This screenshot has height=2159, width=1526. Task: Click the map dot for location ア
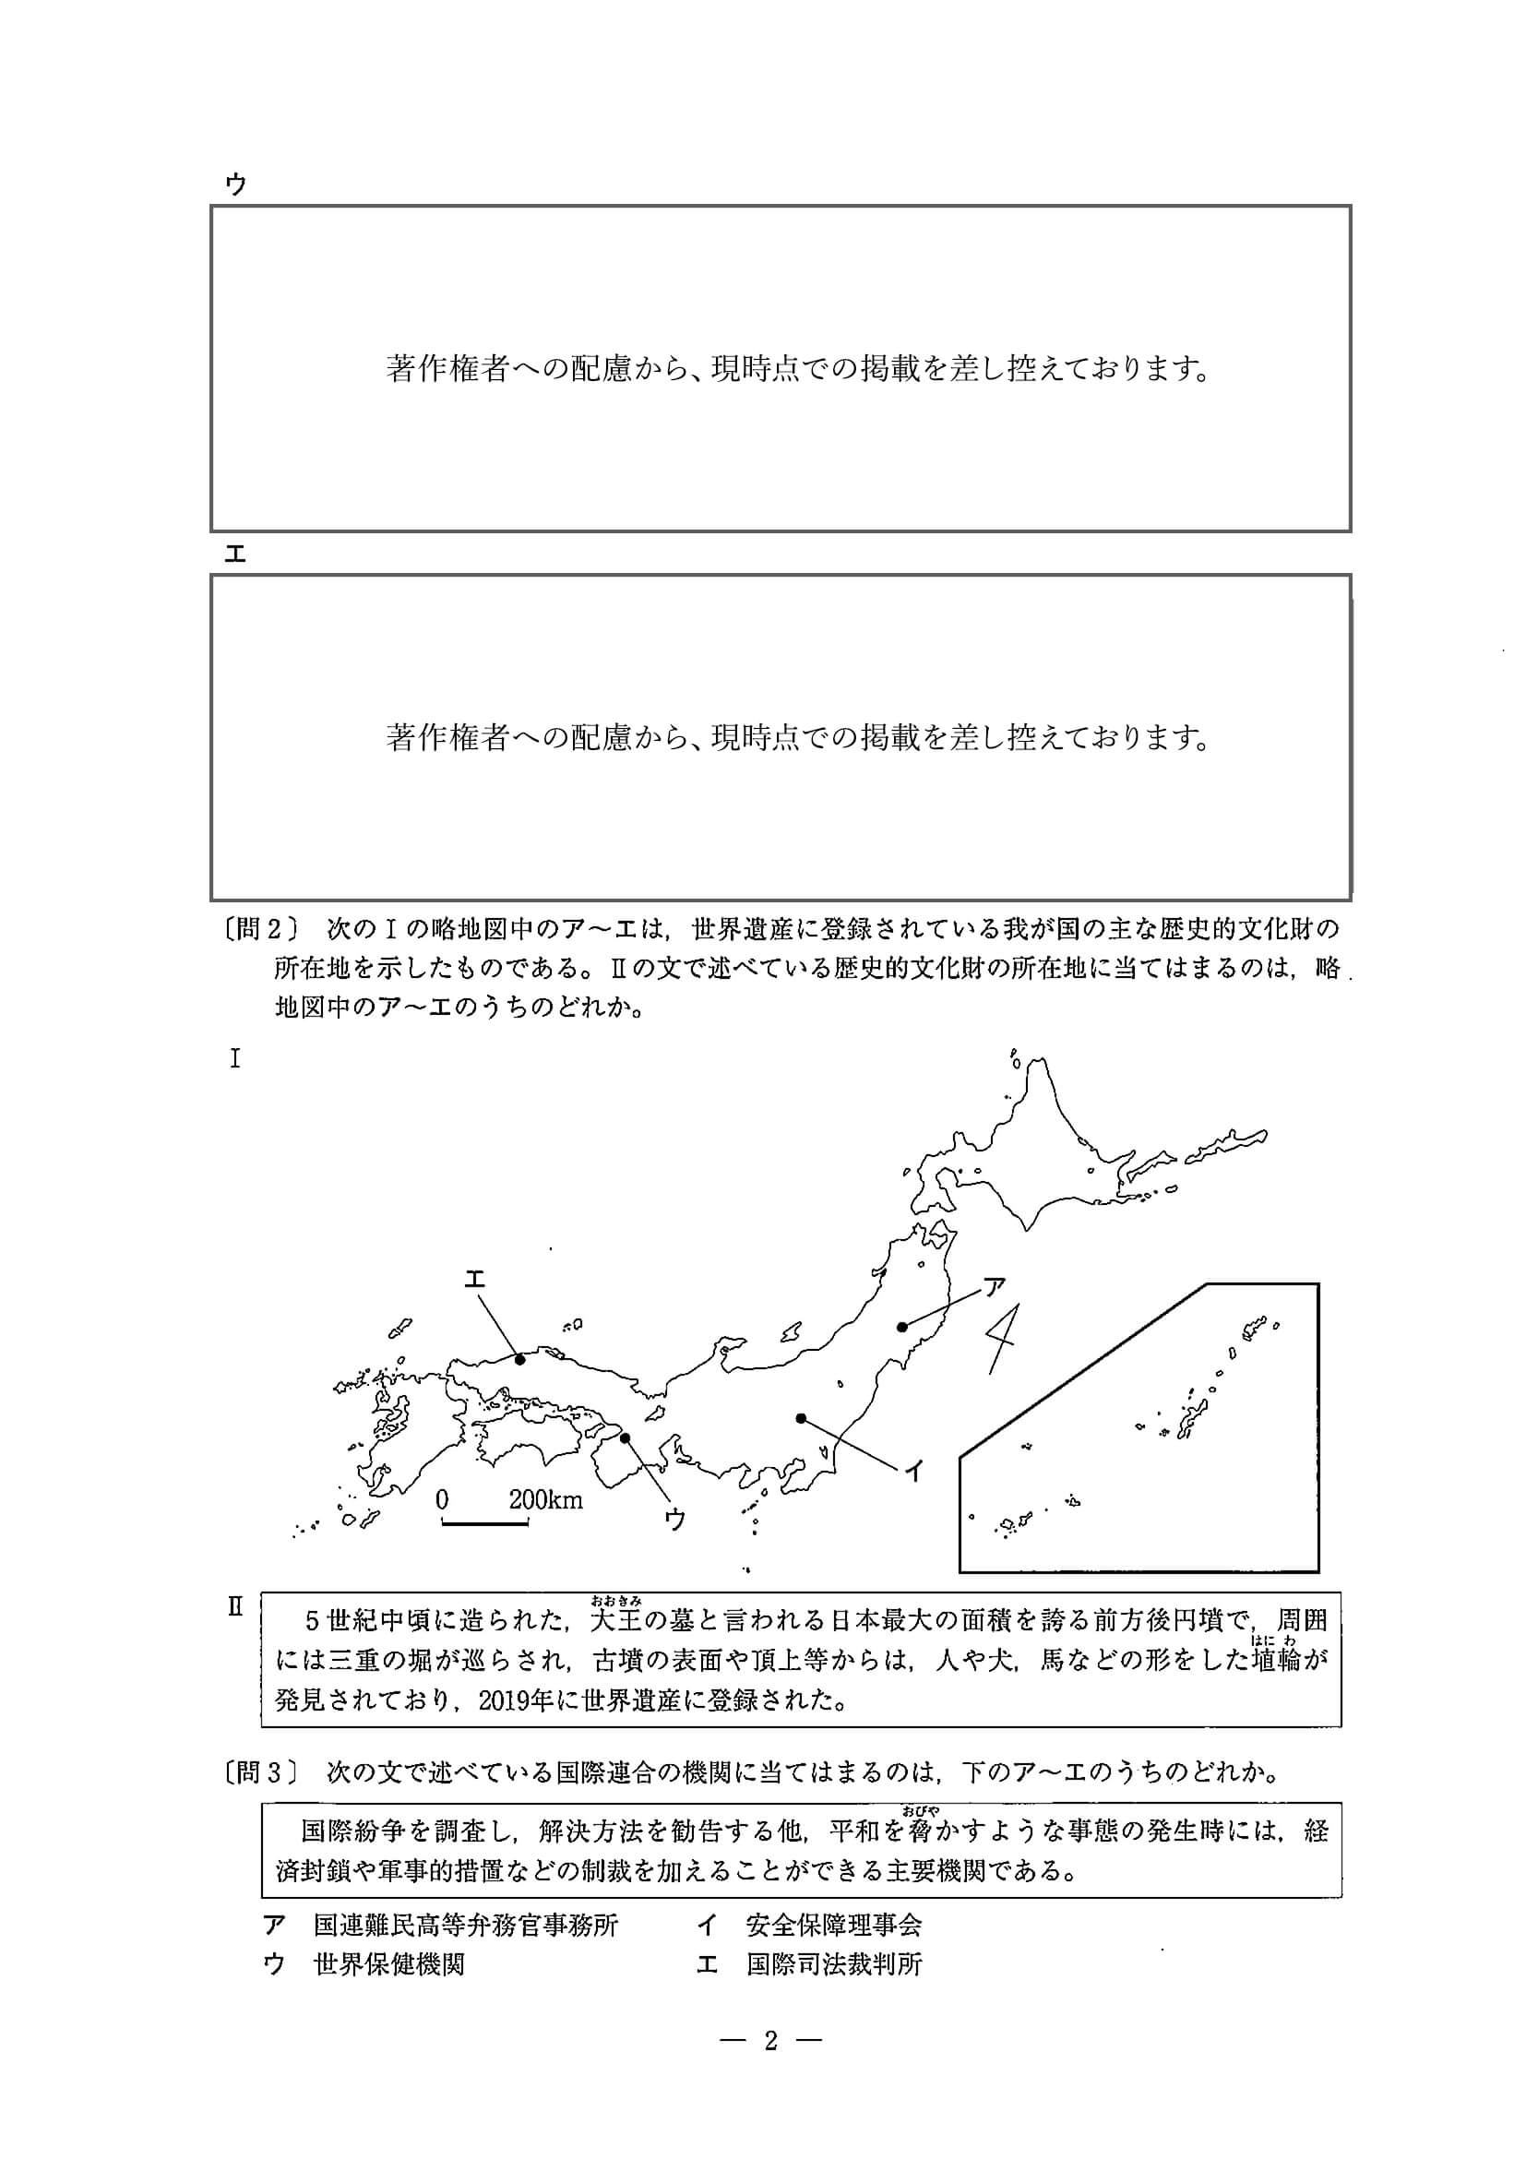(x=901, y=1327)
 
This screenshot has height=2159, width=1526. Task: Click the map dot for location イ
(x=800, y=1418)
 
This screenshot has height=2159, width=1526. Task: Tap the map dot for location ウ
(x=626, y=1437)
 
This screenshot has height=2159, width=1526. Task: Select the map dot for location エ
(x=520, y=1359)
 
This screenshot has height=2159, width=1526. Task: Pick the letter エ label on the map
(x=474, y=1279)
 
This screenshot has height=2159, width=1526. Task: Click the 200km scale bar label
(x=545, y=1500)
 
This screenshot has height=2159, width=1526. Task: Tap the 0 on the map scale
(x=442, y=1500)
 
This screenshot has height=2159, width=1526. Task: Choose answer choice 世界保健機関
(x=388, y=1964)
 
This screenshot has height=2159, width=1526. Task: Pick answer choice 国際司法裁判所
(x=833, y=1964)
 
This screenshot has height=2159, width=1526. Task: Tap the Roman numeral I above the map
(x=235, y=1060)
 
